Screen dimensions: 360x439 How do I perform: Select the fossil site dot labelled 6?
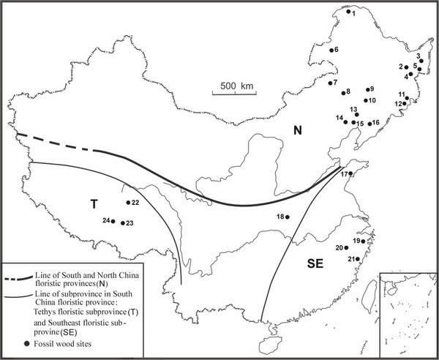[x=331, y=50]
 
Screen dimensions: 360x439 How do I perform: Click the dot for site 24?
[x=113, y=221]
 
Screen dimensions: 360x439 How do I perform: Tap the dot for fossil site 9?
[x=367, y=89]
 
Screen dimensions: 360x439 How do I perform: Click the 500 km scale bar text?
[x=237, y=86]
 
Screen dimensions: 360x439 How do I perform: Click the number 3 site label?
[x=418, y=56]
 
